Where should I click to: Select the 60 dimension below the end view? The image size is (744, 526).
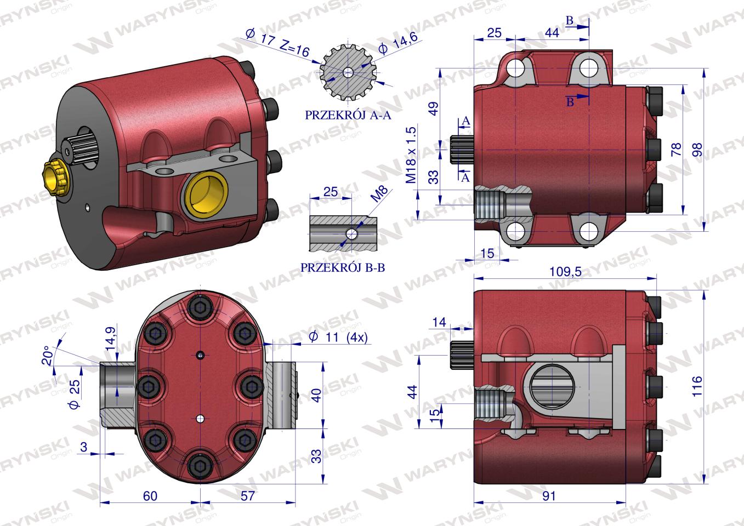point(150,496)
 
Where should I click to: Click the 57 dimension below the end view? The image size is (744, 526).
point(248,496)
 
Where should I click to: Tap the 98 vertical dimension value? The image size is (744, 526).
point(697,150)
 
